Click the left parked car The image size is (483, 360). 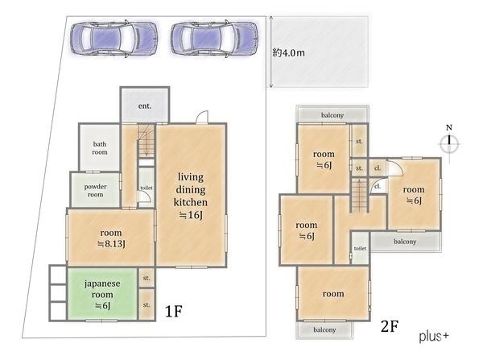114,39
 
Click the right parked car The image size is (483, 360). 214,39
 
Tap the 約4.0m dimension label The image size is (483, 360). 289,52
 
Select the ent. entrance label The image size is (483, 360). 145,106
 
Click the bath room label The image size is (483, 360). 100,148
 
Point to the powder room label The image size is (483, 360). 96,191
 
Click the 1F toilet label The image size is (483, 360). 147,188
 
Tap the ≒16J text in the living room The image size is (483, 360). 191,215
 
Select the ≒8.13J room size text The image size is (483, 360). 111,244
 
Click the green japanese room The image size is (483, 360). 102,294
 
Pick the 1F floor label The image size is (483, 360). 174,312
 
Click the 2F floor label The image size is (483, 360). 390,326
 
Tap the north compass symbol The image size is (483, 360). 449,143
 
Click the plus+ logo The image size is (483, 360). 434,336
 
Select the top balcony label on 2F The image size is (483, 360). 332,115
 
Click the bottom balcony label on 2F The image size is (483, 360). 324,329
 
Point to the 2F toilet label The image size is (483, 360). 360,248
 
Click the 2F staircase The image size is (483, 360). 360,195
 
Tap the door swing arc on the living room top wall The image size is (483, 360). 202,117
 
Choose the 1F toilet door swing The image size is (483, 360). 145,197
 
